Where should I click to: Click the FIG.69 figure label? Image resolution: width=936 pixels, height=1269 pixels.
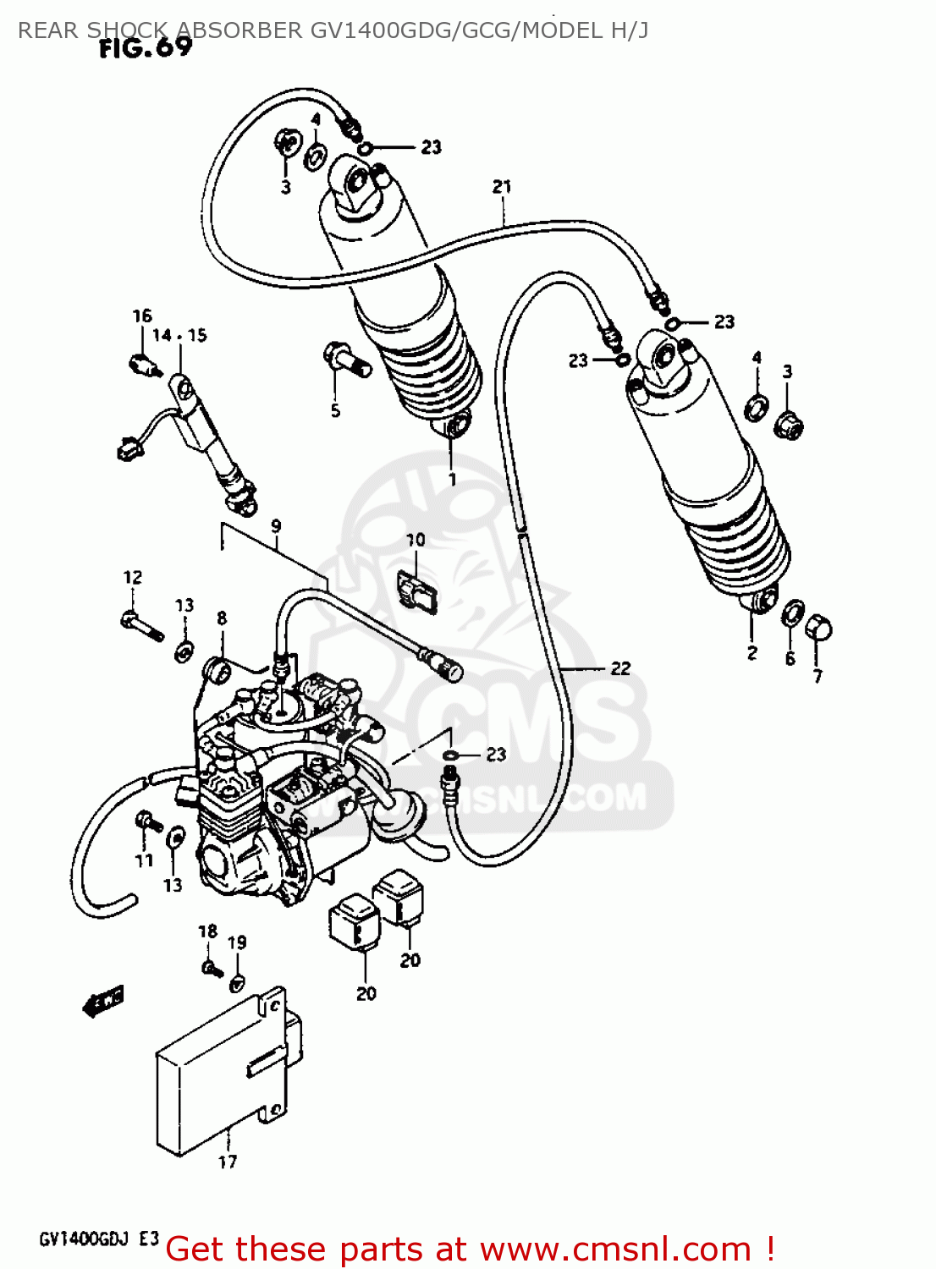tap(146, 48)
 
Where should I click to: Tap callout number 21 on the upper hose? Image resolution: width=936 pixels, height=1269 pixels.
tap(502, 186)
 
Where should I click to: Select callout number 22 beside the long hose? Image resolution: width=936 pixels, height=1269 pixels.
tap(620, 668)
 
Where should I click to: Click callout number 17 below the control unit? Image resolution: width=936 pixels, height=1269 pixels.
tap(228, 1162)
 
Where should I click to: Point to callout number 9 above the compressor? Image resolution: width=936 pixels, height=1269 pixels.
tap(276, 526)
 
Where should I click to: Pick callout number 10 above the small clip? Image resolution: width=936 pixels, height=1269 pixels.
tap(415, 540)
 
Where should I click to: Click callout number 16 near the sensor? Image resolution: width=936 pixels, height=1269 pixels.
tap(141, 316)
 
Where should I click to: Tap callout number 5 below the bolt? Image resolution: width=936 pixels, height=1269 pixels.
tap(335, 410)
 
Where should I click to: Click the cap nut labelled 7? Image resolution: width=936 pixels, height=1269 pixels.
tap(820, 629)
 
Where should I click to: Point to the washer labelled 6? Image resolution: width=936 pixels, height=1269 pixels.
tap(793, 613)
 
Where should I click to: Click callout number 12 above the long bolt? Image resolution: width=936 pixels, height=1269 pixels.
tap(133, 577)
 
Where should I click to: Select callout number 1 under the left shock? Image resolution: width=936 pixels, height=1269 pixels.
tap(452, 480)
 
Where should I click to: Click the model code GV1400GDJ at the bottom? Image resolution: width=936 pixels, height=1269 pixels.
tap(83, 1239)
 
